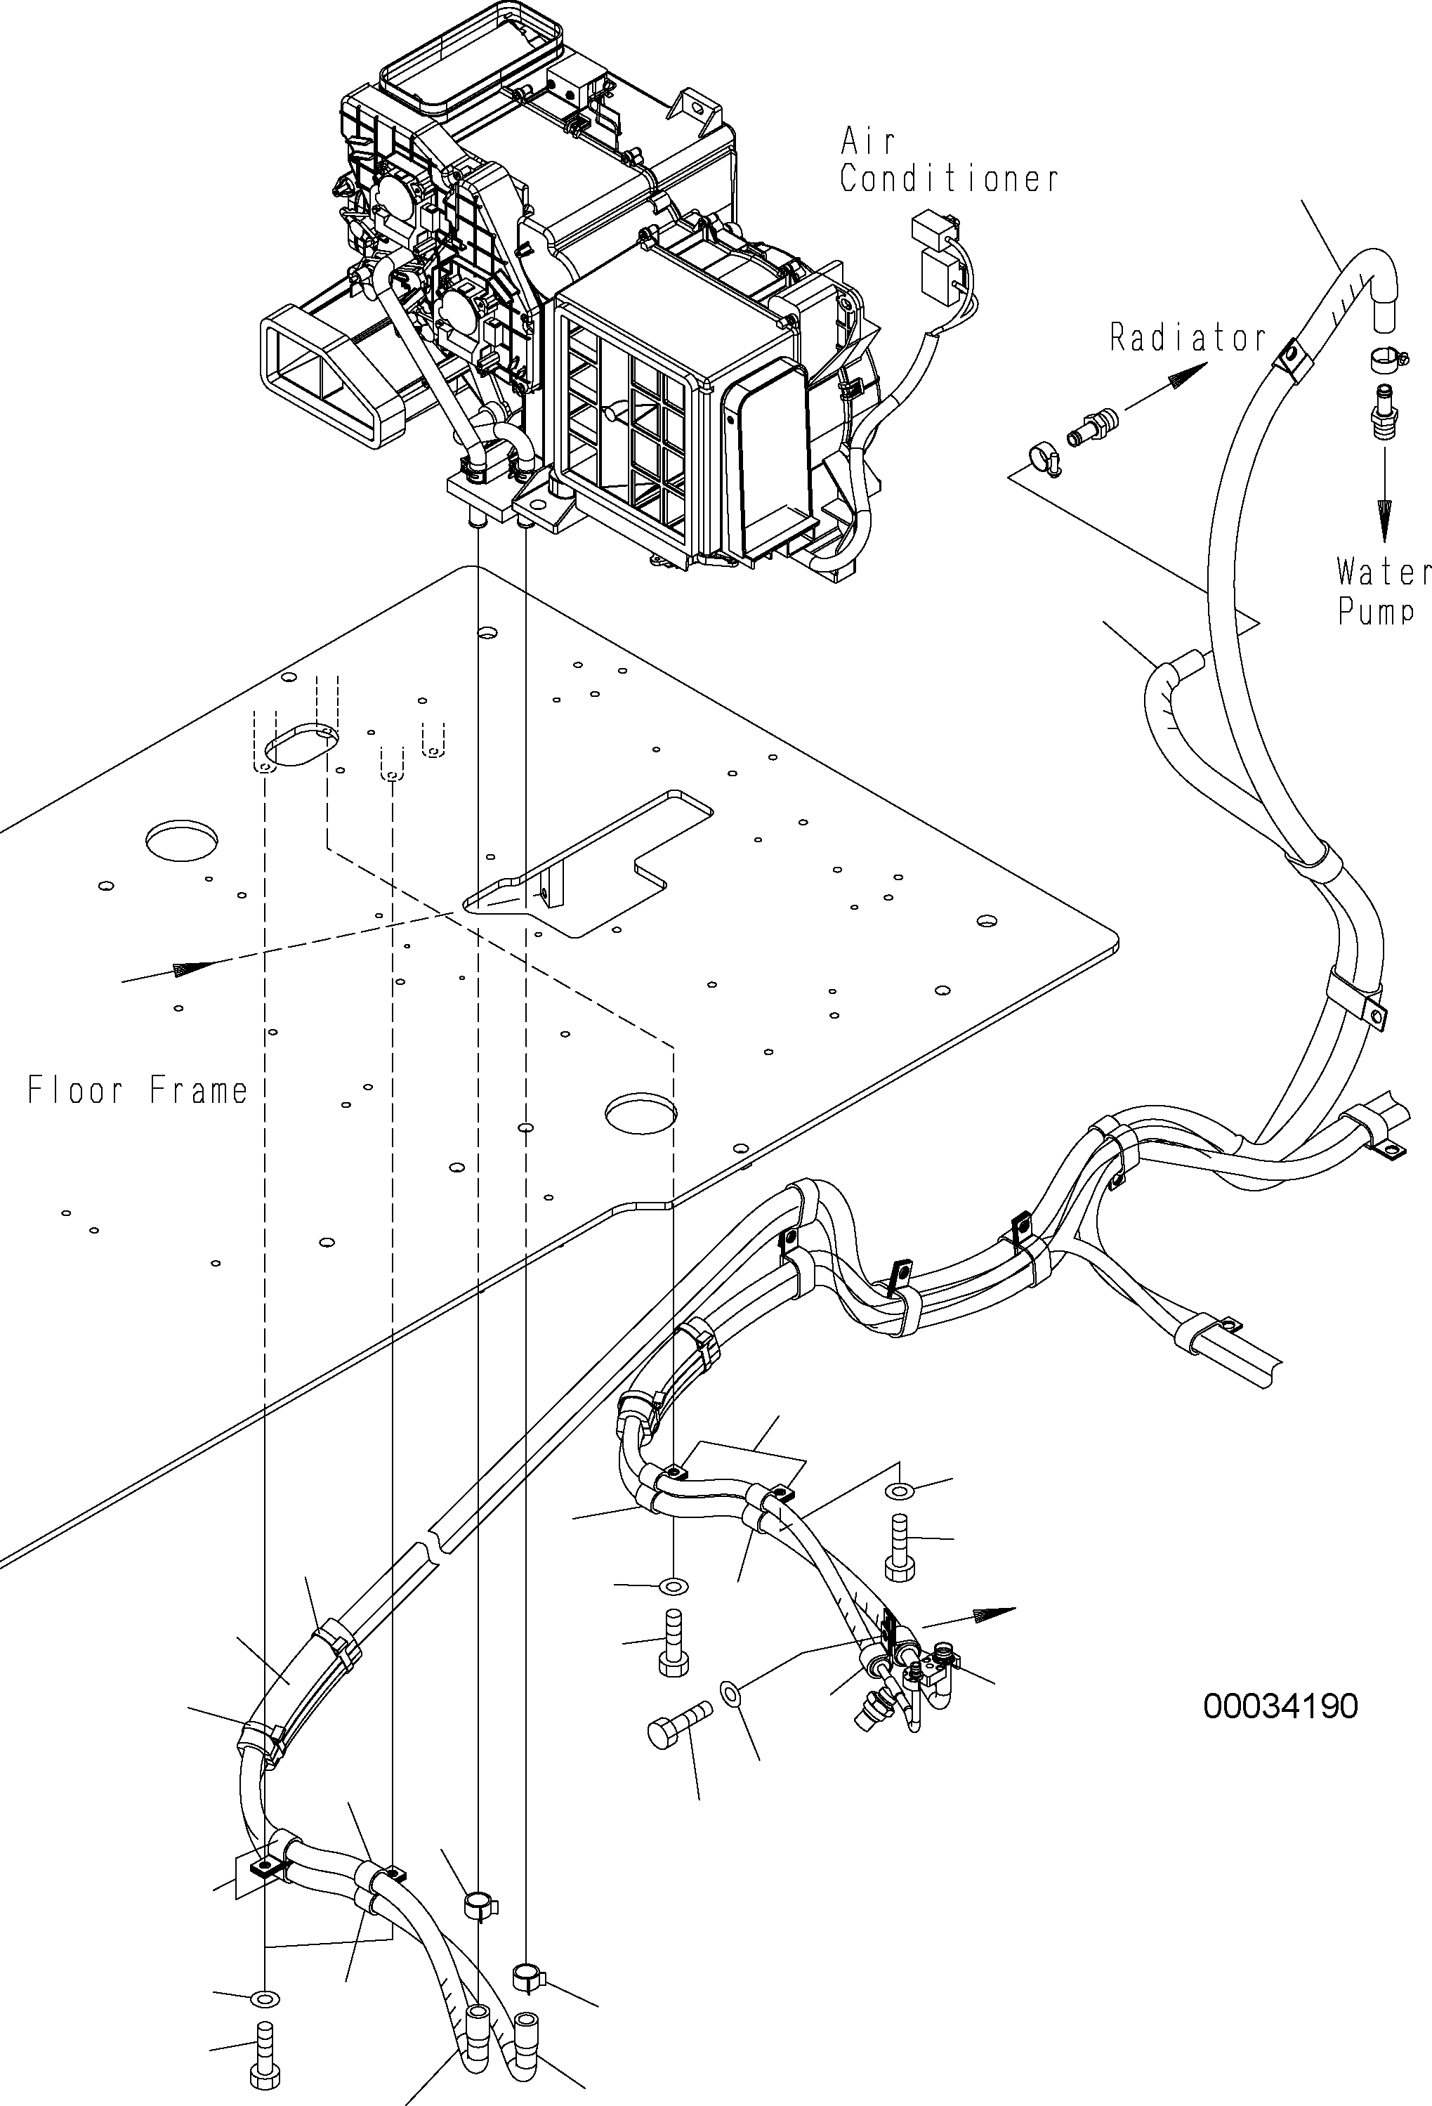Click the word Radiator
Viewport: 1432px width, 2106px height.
pyautogui.click(x=1188, y=338)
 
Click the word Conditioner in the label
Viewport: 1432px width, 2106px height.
pyautogui.click(x=948, y=179)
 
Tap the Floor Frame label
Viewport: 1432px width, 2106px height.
pyautogui.click(x=138, y=1090)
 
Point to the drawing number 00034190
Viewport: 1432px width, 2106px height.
pyautogui.click(x=1280, y=1707)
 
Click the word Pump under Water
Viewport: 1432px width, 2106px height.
pyautogui.click(x=1376, y=612)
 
